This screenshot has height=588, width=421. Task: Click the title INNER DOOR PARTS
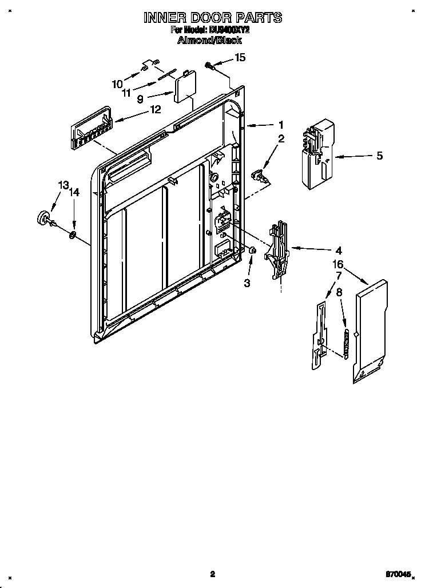coord(212,18)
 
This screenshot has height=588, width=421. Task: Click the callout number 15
coord(240,57)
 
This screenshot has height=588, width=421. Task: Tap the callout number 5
coord(379,155)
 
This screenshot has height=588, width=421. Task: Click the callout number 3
coord(247,283)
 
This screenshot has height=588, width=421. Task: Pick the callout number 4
coord(339,250)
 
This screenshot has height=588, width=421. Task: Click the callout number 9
coord(140,98)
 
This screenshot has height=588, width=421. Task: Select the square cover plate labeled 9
coord(185,87)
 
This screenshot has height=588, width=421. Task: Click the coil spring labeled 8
coord(345,342)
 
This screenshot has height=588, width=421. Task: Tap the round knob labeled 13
coord(43,217)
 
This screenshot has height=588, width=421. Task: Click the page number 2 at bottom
coord(212,574)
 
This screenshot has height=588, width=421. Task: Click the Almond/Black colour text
coord(210,40)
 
